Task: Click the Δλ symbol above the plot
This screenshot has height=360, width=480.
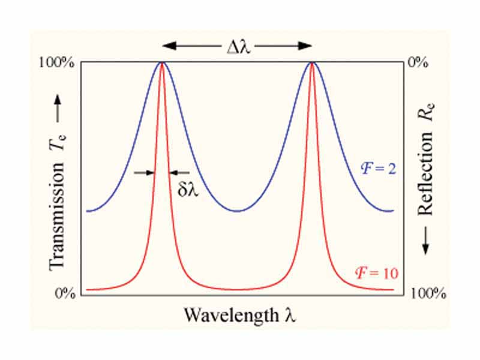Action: click(x=237, y=45)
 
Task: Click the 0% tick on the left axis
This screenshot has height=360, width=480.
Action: click(x=67, y=293)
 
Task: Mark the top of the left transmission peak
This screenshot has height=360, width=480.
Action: click(x=161, y=62)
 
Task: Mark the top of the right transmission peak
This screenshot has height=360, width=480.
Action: click(x=312, y=62)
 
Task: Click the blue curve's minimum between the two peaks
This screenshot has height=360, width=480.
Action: click(x=238, y=211)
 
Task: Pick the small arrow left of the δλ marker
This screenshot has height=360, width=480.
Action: click(x=144, y=173)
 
